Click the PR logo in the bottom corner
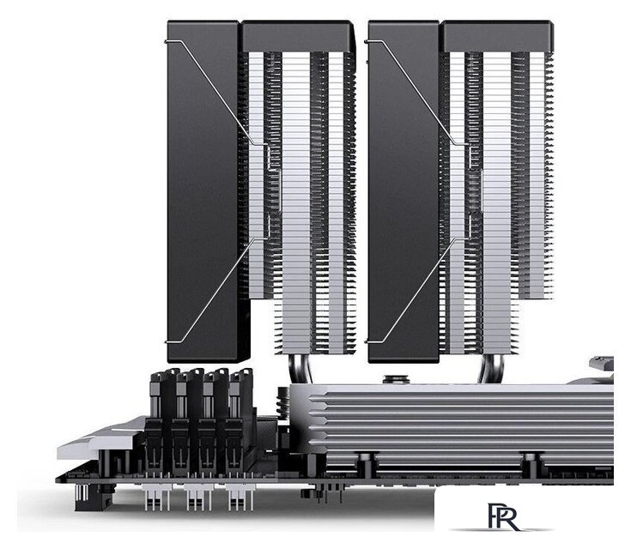coord(502,516)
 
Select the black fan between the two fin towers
coord(403,192)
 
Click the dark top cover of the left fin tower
coord(297,36)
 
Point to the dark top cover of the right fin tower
coord(498,36)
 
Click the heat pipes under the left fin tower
coord(300,369)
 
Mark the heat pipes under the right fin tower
coord(491,369)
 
